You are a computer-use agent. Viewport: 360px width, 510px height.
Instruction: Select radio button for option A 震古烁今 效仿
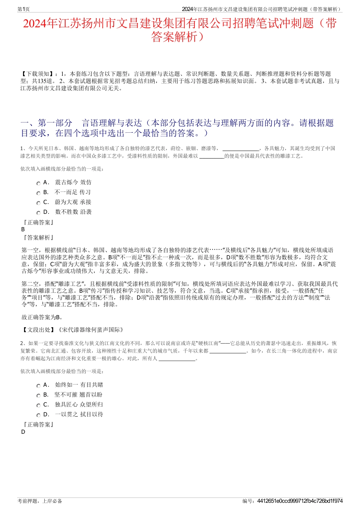coord(38,183)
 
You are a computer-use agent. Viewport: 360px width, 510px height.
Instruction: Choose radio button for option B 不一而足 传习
coord(38,193)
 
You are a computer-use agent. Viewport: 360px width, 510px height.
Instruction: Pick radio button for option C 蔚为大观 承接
coord(38,203)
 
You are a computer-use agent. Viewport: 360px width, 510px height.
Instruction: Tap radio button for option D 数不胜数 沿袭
coord(38,213)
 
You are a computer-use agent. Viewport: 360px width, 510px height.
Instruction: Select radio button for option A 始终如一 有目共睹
coord(38,386)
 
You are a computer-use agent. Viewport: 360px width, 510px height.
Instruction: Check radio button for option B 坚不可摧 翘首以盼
coord(38,395)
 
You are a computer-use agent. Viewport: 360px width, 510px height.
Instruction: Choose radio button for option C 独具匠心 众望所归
coord(38,405)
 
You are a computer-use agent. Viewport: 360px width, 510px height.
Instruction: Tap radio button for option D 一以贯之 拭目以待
coord(38,415)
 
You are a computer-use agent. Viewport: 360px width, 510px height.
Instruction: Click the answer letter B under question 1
coord(23,229)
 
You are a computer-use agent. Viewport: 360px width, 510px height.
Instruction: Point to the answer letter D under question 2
coord(23,432)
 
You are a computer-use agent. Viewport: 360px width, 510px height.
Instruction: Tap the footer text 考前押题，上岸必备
coord(40,501)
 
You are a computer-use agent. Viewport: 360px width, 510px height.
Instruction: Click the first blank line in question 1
coord(241,149)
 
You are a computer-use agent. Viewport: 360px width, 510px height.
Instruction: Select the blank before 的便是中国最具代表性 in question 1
coord(211,156)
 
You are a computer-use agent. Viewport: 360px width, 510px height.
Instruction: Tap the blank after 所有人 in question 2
coord(177,359)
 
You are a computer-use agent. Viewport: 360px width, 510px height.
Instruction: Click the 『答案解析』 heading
coord(38,238)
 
